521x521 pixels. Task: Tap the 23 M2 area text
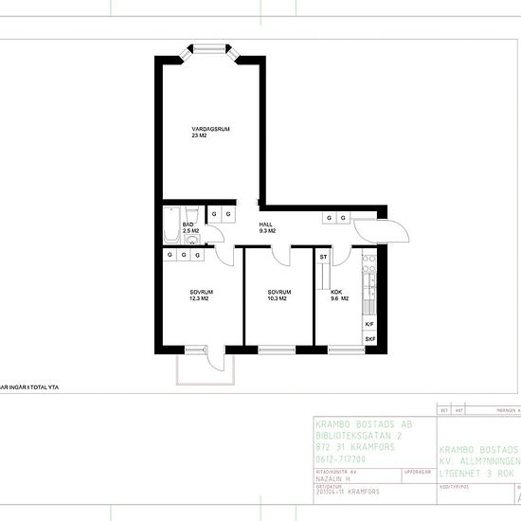coord(198,136)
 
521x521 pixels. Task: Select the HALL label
coord(266,224)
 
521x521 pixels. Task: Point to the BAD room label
coord(189,225)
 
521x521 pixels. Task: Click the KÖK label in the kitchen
coord(336,292)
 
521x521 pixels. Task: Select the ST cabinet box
coord(323,257)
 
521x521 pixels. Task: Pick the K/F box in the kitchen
coord(369,324)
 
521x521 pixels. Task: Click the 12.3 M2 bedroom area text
coord(199,299)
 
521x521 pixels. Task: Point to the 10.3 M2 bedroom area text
coord(278,299)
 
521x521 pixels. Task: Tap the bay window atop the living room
coord(208,50)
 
